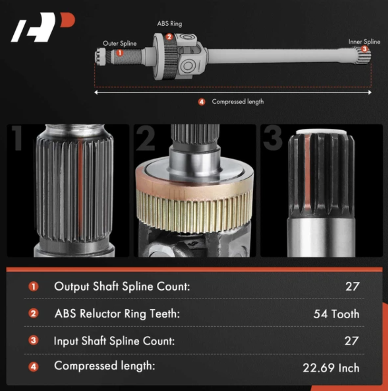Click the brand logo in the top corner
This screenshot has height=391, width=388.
(x=43, y=27)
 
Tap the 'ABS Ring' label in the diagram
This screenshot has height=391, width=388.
(x=170, y=24)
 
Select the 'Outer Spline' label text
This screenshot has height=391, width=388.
(x=119, y=44)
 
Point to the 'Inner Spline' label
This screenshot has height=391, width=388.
(x=364, y=42)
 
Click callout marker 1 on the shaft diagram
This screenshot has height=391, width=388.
(x=120, y=53)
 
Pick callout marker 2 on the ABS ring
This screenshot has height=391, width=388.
(x=169, y=37)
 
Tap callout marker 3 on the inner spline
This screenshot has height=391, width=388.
(x=365, y=49)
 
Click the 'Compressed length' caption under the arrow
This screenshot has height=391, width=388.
(x=238, y=102)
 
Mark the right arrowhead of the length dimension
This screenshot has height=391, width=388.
(x=370, y=92)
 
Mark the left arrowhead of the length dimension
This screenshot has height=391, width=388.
(x=96, y=92)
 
